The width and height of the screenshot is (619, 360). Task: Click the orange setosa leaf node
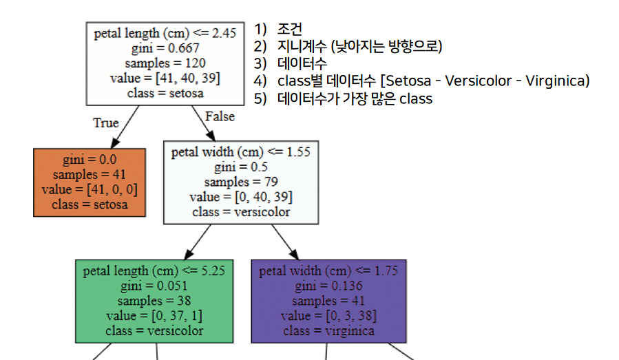[90, 182]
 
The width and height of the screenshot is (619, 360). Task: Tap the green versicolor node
[154, 301]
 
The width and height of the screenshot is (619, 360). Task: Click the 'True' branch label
[105, 123]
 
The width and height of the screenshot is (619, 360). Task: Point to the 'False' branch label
[220, 116]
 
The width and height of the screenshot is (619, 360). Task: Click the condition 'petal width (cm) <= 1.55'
[241, 152]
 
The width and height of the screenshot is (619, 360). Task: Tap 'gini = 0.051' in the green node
[154, 286]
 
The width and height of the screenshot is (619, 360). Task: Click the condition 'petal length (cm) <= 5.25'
[154, 271]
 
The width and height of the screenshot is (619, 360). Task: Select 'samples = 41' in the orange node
[90, 175]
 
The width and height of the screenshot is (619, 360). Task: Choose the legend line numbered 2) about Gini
[348, 47]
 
